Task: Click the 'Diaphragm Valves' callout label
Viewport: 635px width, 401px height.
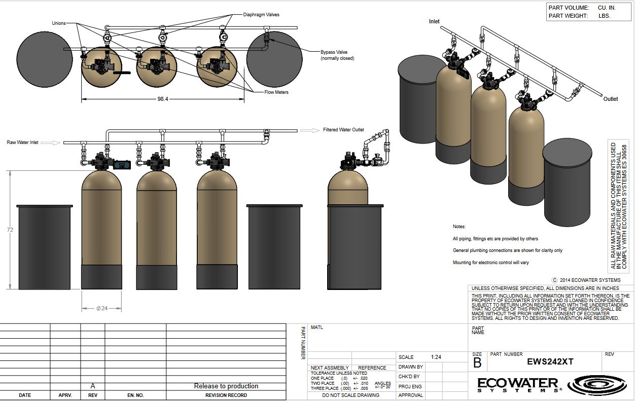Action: [x=261, y=15]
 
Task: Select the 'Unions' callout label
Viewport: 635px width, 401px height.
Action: [x=59, y=23]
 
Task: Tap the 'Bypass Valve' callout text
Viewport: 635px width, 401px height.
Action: [x=334, y=52]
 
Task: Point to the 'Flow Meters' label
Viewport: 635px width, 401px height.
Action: [x=276, y=92]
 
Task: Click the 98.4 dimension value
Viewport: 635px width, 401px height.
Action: [x=163, y=99]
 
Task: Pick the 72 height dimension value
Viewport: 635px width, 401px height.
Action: [x=10, y=230]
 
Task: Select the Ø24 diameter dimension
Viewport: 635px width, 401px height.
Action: [x=102, y=308]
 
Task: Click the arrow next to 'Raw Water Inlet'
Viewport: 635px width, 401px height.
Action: [x=50, y=143]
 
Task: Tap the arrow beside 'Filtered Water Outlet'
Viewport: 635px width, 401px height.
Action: [x=309, y=130]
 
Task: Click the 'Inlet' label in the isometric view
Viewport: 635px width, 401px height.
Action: [x=434, y=21]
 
